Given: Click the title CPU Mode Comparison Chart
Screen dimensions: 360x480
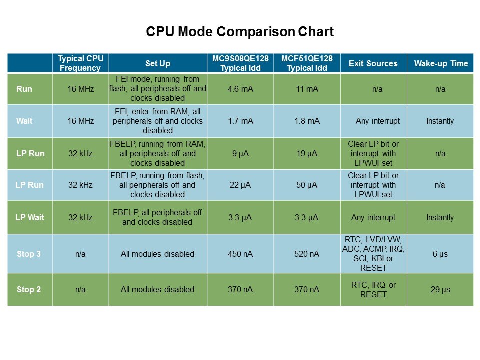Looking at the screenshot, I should click(240, 32).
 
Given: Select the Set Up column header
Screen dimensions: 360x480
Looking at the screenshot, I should click(157, 63).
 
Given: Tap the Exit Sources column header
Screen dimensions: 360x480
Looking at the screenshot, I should click(373, 63).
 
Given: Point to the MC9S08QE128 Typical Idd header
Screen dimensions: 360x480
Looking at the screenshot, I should click(240, 63).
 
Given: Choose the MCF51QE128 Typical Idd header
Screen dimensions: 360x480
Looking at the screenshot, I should click(307, 63).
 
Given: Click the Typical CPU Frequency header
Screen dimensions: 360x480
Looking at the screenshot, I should click(80, 63).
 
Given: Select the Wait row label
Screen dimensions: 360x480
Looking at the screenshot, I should click(24, 121).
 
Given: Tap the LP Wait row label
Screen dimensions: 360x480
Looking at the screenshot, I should click(30, 217).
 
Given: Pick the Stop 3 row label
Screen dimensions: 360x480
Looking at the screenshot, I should click(29, 254).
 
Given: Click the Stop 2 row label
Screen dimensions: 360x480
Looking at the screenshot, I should click(29, 289).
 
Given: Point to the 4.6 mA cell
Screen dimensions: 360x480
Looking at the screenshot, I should click(240, 89).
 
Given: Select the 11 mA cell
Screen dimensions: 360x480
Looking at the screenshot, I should click(307, 89).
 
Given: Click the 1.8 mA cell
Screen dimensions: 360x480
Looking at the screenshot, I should click(307, 121).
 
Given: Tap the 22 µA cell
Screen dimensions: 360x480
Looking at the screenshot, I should click(240, 185).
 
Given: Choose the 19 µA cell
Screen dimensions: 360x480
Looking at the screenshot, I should click(307, 153).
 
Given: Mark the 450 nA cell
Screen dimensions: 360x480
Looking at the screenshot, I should click(240, 254).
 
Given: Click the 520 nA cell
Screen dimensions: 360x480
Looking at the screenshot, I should click(307, 254).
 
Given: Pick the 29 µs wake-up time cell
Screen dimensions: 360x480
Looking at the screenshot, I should click(440, 289).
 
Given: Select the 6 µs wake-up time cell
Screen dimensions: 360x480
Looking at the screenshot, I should click(440, 254).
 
